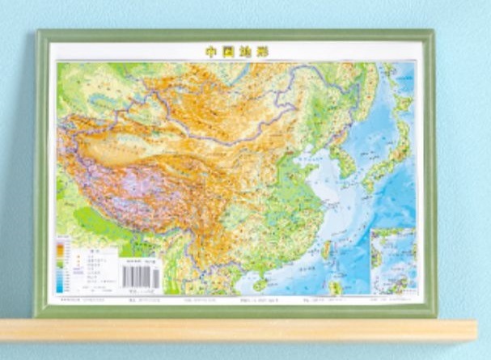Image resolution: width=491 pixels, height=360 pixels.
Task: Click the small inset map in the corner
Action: (392, 260)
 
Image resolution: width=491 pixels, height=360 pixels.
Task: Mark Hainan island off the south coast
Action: (261, 283)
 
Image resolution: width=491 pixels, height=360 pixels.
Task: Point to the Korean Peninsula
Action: (346, 158)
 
